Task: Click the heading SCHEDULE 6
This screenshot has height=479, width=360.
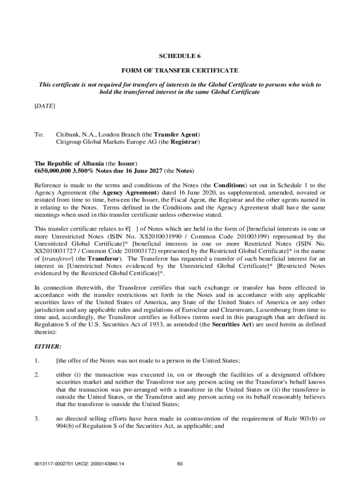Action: (x=180, y=57)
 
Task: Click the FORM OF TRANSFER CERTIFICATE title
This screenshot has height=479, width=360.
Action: (x=180, y=71)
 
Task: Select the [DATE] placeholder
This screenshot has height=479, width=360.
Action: (x=45, y=106)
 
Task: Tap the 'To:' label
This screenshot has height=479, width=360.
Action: (x=39, y=134)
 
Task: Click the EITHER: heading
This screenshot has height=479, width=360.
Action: (x=49, y=347)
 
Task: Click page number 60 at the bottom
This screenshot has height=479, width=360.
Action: (x=180, y=464)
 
